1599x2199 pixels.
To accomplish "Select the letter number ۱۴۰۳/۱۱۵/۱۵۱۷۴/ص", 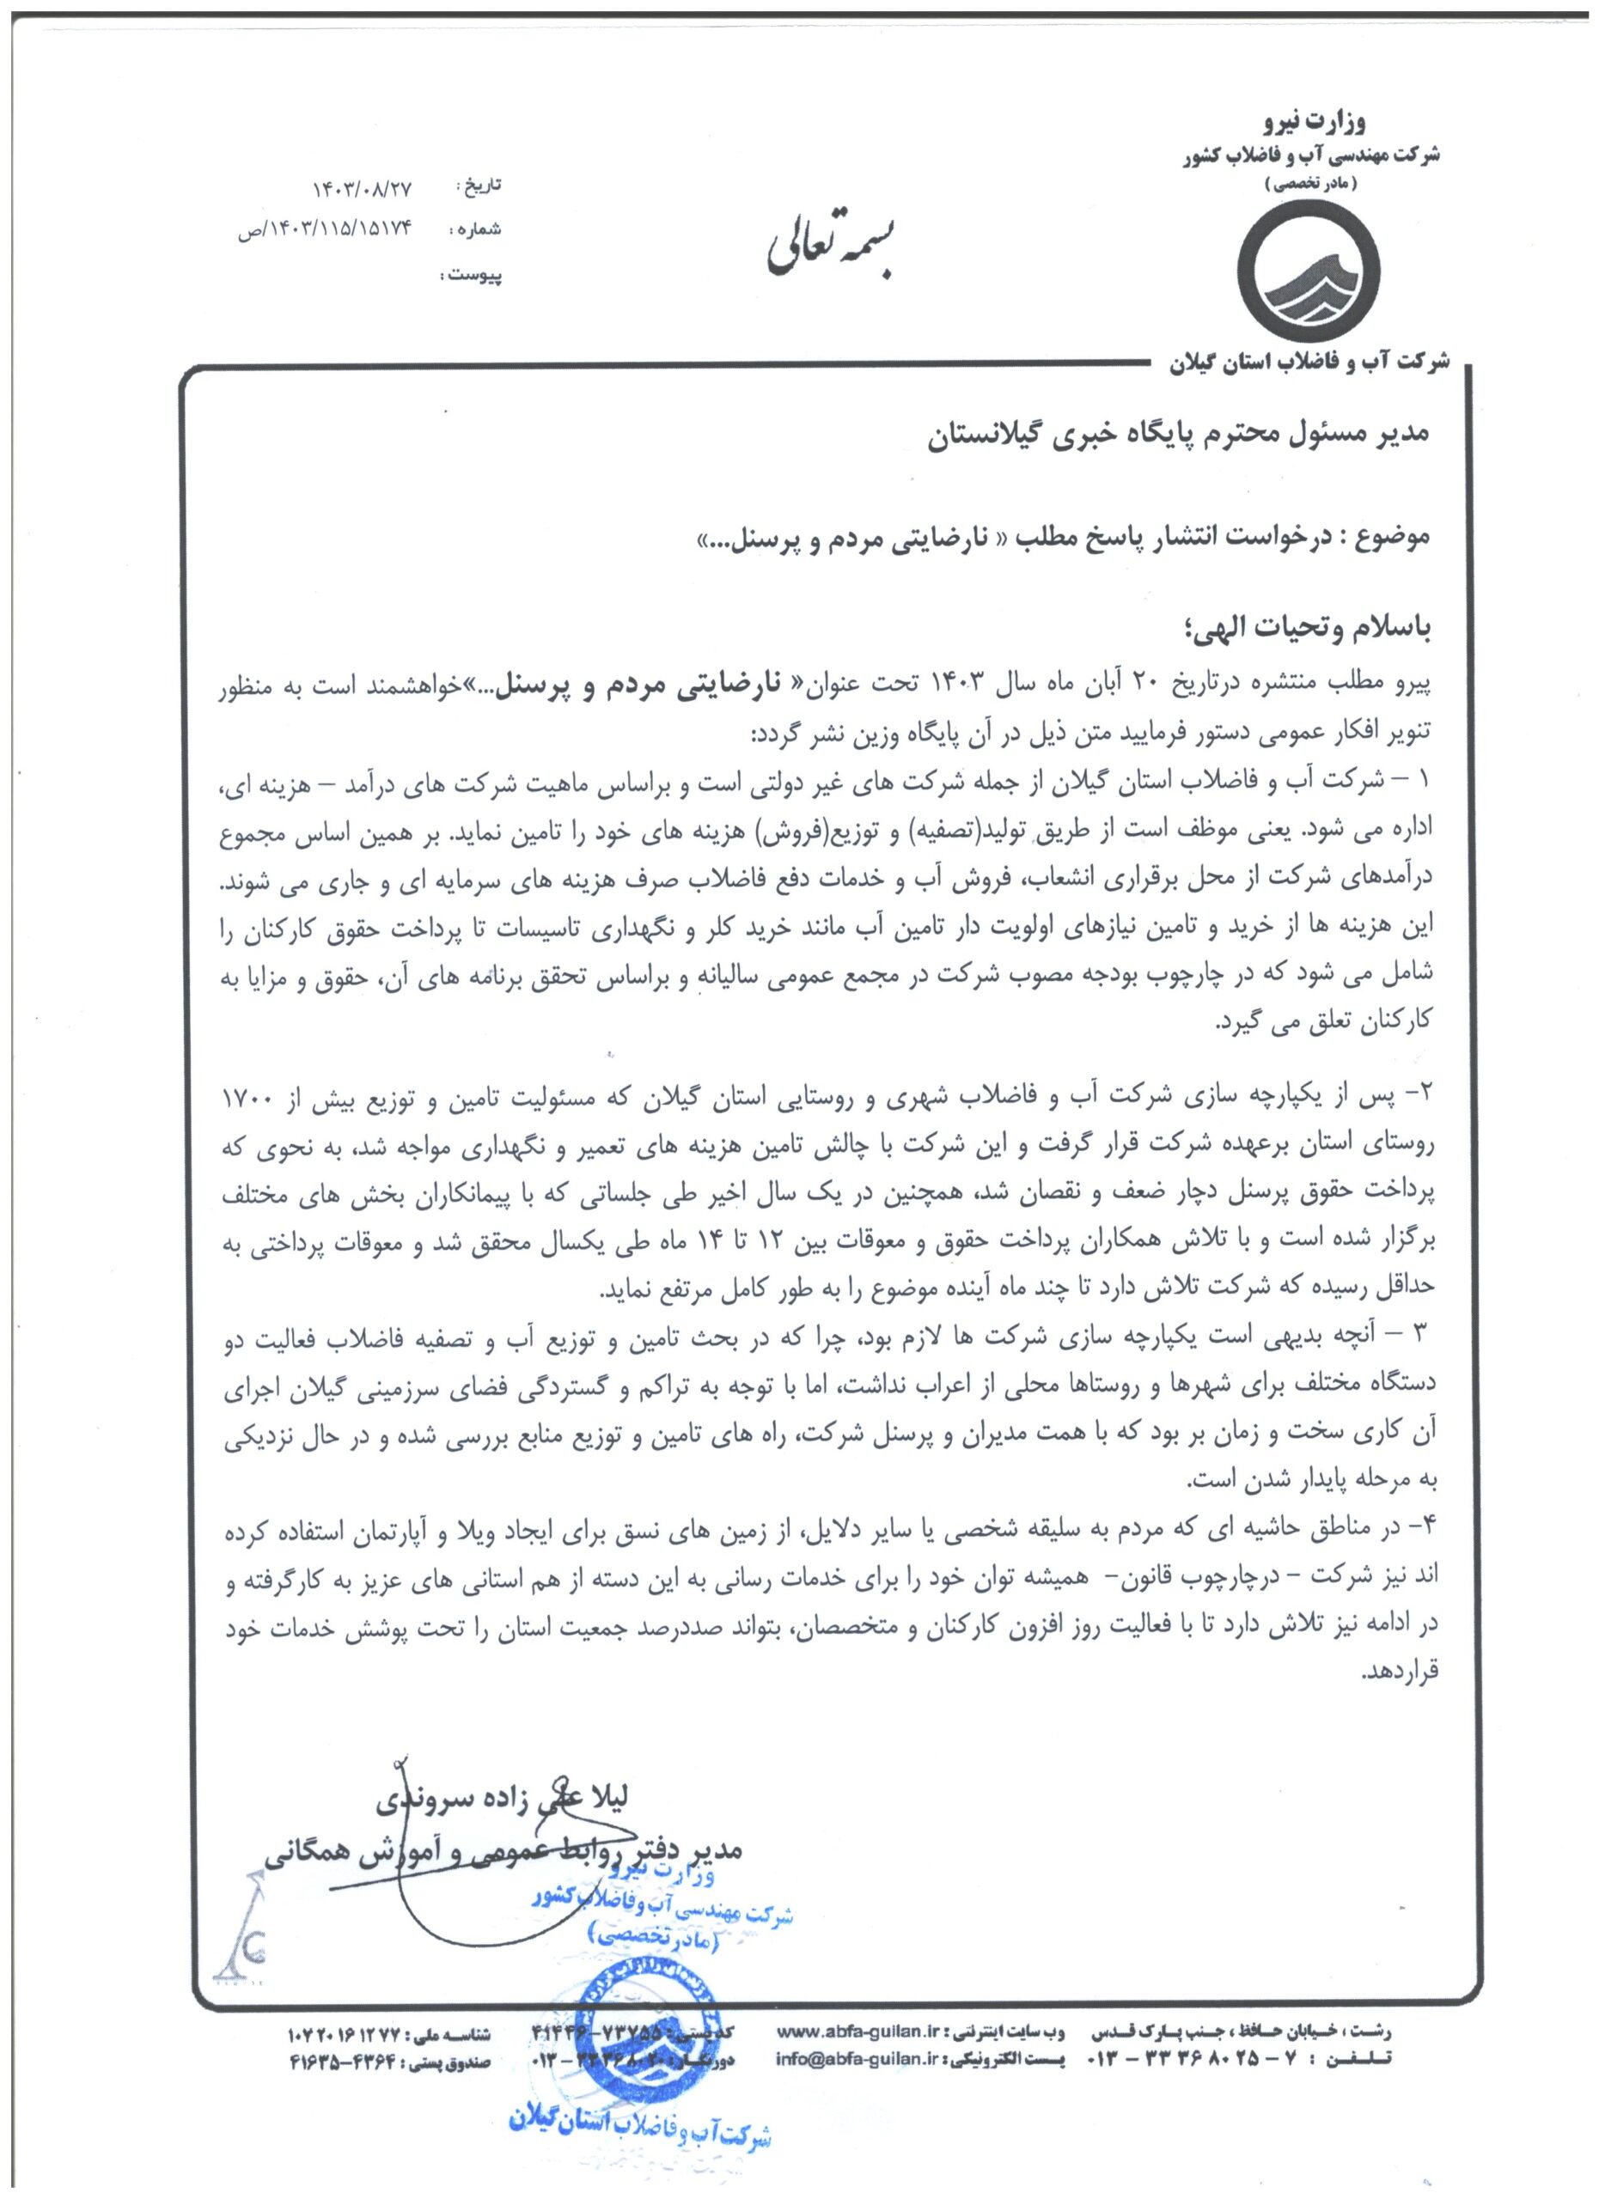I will point(326,232).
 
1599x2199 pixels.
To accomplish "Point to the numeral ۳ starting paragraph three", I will point(1424,1337).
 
